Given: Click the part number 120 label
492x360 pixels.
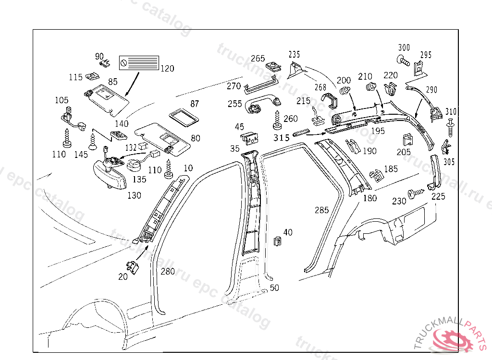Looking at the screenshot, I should (167, 69).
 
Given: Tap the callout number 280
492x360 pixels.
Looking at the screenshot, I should (168, 272).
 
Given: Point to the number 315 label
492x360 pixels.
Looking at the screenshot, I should (281, 138).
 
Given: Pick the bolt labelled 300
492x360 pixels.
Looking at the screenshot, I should (403, 60).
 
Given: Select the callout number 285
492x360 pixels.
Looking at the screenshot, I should (321, 210).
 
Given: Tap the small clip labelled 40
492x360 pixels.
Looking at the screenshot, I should (277, 240).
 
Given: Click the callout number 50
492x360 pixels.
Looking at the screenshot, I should (274, 288).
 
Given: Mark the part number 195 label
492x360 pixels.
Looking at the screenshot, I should (378, 131).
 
